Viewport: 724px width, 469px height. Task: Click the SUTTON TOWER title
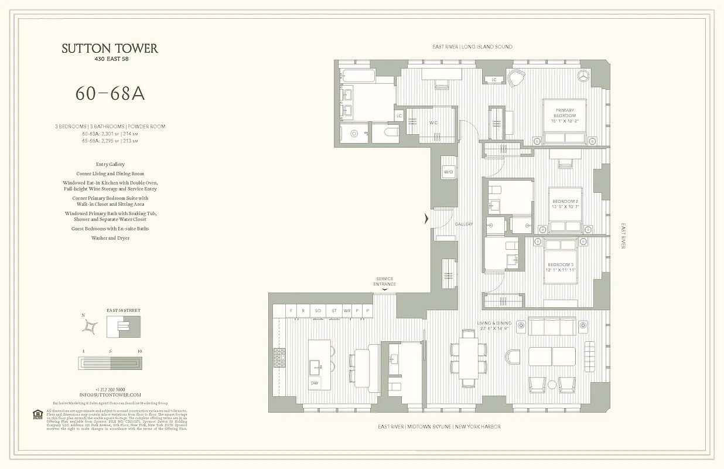[x=110, y=49]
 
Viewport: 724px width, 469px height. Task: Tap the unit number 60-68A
[x=110, y=93]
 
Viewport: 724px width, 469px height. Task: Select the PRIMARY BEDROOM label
[x=565, y=113]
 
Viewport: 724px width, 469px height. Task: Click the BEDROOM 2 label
[x=565, y=203]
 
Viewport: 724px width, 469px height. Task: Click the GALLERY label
[x=464, y=225]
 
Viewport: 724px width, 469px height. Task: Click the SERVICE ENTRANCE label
[x=385, y=282]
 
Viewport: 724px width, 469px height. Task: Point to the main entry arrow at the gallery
[x=426, y=219]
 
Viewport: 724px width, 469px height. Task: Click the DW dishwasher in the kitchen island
[x=315, y=383]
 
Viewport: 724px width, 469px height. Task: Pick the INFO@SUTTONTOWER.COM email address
[x=110, y=395]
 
